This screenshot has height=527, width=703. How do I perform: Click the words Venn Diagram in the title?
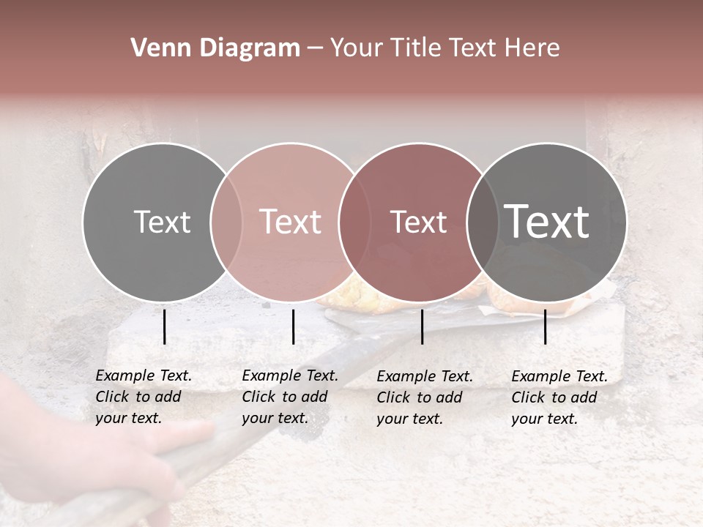pos(215,48)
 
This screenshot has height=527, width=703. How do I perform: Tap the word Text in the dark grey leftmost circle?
pos(162,222)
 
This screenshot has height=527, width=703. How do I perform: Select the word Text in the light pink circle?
pos(291,222)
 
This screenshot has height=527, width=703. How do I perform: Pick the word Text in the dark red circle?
pos(418,222)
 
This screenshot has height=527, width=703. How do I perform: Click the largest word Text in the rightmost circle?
pos(547,222)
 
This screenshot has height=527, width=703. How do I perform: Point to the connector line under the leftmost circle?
pos(164,326)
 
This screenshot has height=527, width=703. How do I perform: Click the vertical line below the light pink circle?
pos(293,326)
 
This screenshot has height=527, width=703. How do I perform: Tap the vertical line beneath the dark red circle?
pos(422,326)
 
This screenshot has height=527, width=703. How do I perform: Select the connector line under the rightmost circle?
pos(545,326)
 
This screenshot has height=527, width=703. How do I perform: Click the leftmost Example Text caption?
pos(144,397)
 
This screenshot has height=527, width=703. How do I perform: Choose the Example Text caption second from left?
pos(290,397)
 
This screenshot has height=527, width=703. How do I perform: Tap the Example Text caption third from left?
pos(425,397)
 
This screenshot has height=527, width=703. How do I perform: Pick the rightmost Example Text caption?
pos(559,397)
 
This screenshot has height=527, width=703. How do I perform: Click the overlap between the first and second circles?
pos(226,222)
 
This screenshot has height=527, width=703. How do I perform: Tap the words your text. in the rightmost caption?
pos(544,419)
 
